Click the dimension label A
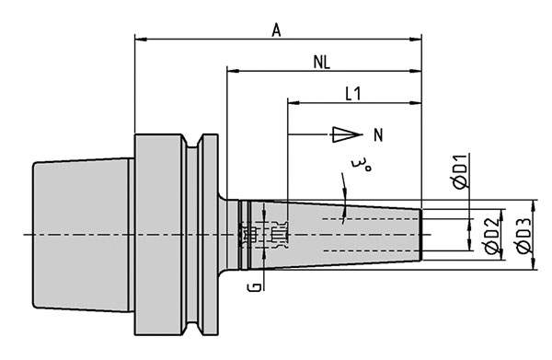277,30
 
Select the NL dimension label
322,63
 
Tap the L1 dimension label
353,94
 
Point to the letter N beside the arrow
378,135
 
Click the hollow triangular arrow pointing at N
347,134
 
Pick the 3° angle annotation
361,165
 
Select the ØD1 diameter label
461,171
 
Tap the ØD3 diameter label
523,236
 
